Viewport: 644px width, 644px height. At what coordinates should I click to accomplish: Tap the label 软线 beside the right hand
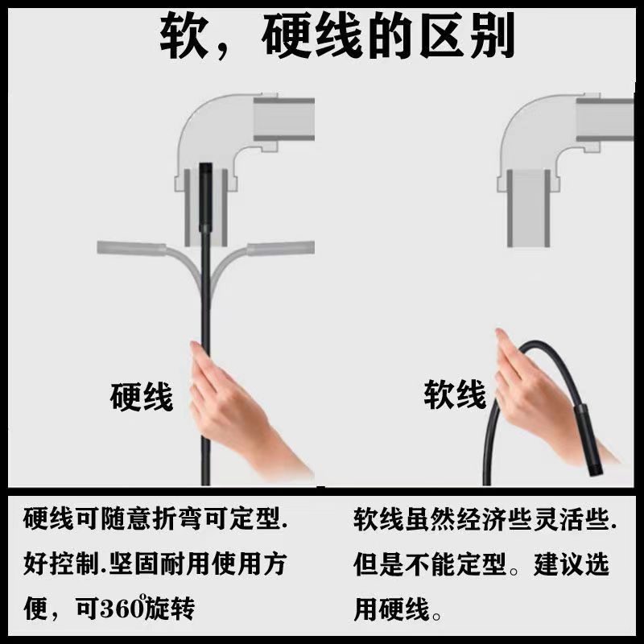point(455,395)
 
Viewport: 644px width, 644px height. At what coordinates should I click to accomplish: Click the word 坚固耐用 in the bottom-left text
point(165,564)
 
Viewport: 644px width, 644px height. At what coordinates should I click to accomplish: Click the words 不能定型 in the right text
point(459,564)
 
